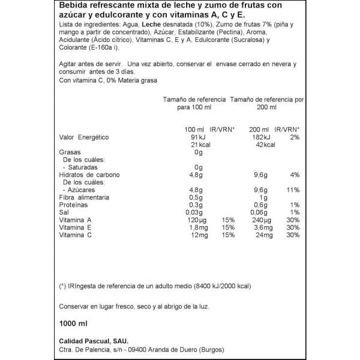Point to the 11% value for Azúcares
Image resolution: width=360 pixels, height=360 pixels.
pyautogui.click(x=293, y=190)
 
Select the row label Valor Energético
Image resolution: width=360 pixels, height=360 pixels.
pyautogui.click(x=84, y=137)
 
